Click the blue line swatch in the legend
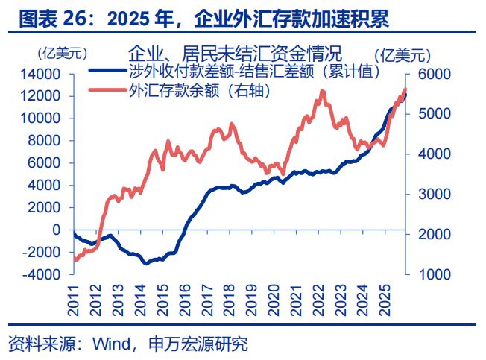coord(107,72)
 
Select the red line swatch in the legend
coord(107,90)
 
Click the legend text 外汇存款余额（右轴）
coord(198,90)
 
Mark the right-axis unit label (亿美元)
coord(403,54)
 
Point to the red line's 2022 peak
coord(322,92)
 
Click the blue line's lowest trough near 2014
coord(146,263)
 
